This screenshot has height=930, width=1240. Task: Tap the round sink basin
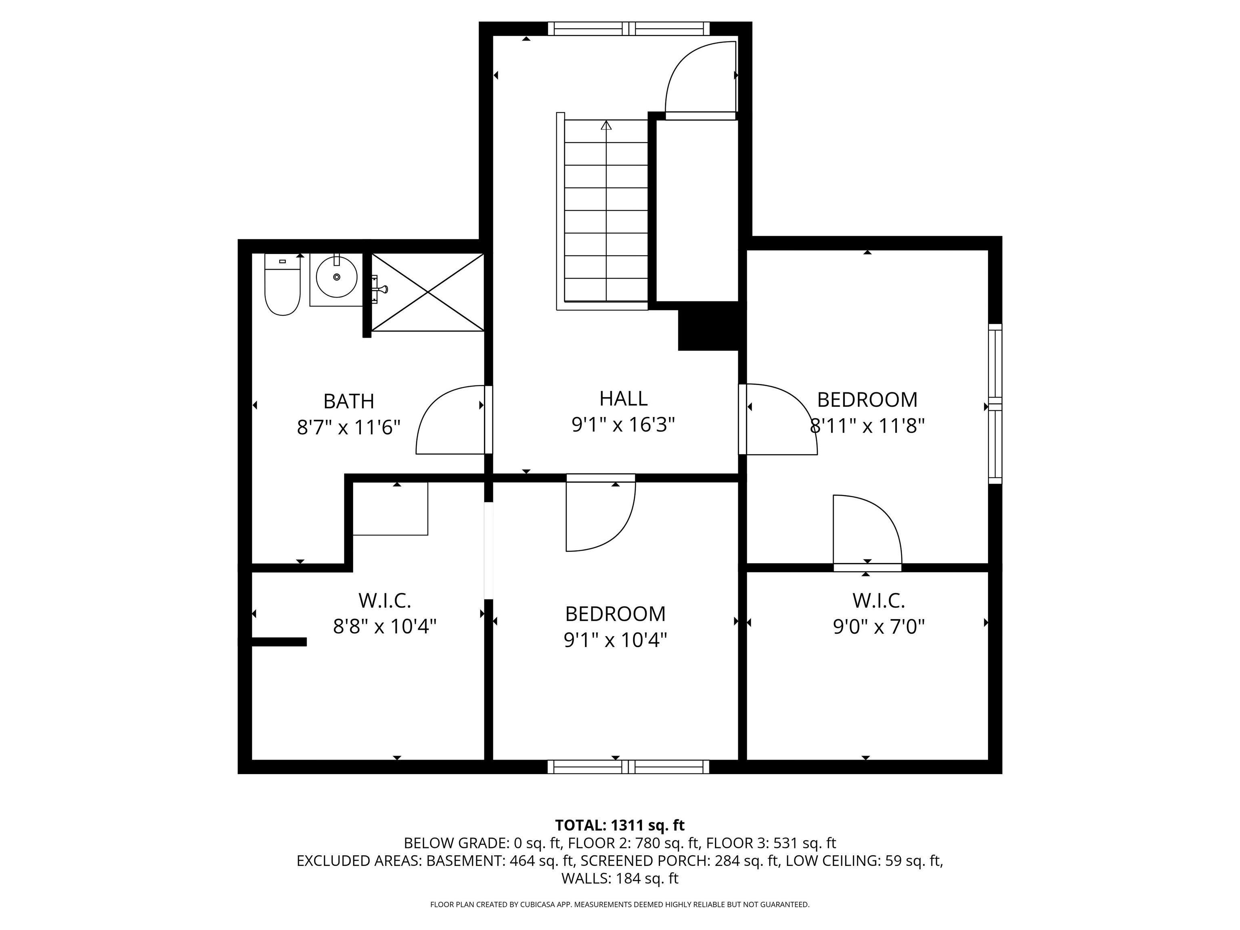(x=336, y=277)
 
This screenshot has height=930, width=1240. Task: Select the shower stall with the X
(x=428, y=292)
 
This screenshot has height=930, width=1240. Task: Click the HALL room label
(x=623, y=398)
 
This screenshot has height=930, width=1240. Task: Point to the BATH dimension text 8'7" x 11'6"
(x=349, y=428)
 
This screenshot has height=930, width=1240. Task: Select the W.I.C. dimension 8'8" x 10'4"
(x=385, y=626)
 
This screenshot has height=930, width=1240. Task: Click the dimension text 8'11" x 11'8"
(x=867, y=427)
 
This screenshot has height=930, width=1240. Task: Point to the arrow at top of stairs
(x=606, y=125)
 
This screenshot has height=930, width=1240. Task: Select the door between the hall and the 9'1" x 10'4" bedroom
(x=600, y=513)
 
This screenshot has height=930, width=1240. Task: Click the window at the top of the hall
(x=628, y=29)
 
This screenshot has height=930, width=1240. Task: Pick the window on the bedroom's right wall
(x=995, y=404)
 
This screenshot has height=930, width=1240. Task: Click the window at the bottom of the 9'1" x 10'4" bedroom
(x=628, y=767)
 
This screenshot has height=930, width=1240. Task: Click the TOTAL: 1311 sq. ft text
(x=620, y=825)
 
